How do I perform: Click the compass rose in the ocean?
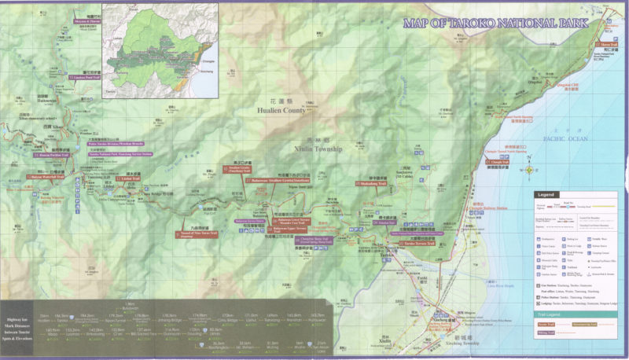coord(530,168)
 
